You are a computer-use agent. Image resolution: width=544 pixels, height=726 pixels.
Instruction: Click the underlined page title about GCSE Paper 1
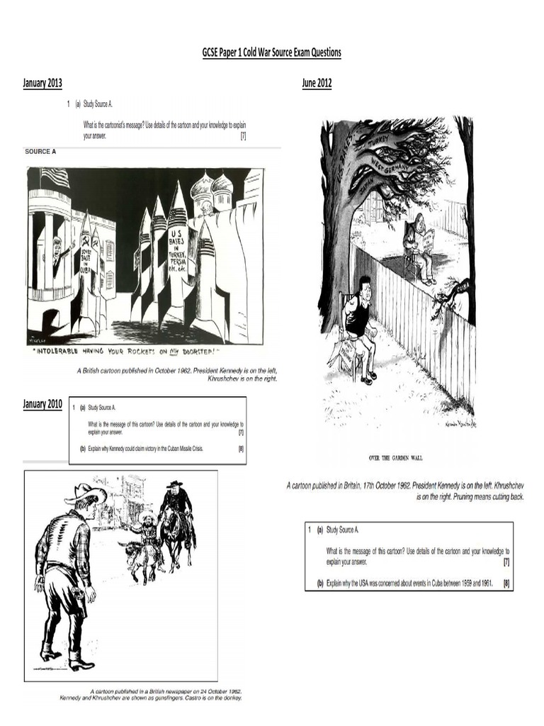pyautogui.click(x=273, y=52)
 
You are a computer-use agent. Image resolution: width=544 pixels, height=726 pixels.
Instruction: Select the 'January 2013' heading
pyautogui.click(x=42, y=84)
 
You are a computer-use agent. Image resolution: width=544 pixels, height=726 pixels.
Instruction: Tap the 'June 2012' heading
pyautogui.click(x=317, y=84)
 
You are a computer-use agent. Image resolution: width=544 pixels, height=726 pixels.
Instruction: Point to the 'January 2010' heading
pyautogui.click(x=42, y=405)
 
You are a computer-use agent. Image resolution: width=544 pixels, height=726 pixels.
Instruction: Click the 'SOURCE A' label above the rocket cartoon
pyautogui.click(x=40, y=152)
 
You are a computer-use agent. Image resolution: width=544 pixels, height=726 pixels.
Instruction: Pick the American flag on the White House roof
pyautogui.click(x=56, y=177)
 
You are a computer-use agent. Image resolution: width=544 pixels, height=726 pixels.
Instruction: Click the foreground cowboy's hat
pyautogui.click(x=84, y=491)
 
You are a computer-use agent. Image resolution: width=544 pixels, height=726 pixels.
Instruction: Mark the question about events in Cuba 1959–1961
pyautogui.click(x=407, y=584)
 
